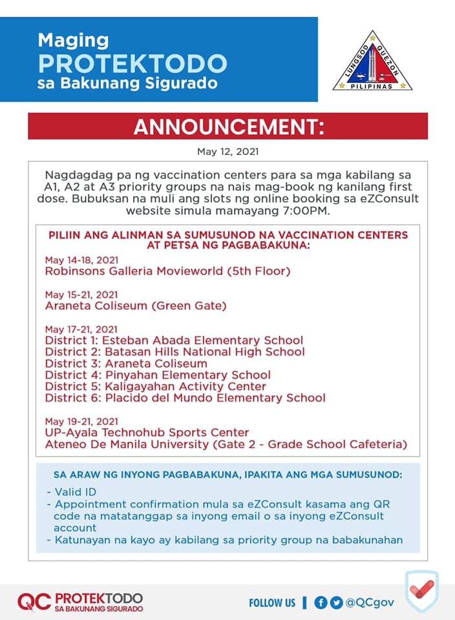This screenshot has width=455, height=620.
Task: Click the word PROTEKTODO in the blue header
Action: (132, 63)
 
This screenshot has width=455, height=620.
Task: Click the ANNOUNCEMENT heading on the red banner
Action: (228, 127)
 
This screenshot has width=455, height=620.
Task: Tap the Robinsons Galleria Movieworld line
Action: (167, 271)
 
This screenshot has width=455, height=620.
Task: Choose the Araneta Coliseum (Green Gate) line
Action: (136, 305)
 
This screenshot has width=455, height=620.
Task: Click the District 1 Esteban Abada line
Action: (174, 340)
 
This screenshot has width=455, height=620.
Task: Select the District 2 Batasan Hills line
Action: (175, 352)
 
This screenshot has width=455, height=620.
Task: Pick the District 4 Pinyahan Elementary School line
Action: (158, 375)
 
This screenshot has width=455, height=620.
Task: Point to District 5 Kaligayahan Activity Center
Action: (155, 387)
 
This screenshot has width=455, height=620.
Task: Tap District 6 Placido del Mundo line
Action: (185, 398)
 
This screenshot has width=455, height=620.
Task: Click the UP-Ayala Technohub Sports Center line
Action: (147, 433)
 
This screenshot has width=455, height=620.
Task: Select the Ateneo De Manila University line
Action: (226, 444)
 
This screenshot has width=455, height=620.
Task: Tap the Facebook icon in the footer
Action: (321, 603)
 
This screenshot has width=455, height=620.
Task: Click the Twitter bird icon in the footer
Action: (336, 603)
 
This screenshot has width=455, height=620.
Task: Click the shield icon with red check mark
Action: (421, 591)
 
